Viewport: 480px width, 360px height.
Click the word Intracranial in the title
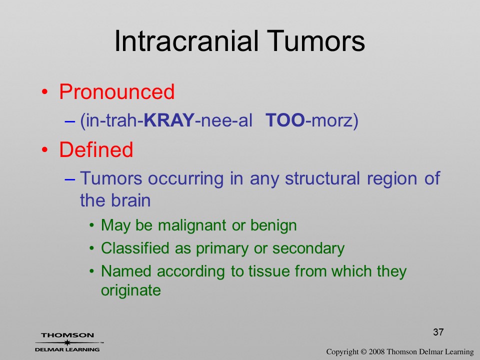point(186,41)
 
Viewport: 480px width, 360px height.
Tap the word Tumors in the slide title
point(316,41)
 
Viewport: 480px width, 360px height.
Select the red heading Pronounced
point(116,91)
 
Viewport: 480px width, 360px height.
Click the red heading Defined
point(96,149)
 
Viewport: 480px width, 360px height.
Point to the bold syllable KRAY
point(169,120)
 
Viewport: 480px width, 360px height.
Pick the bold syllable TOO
point(285,120)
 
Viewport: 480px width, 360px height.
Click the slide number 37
point(438,332)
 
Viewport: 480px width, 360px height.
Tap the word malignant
point(192,225)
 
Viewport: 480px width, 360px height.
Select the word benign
point(273,225)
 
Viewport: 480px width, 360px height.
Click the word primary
point(222,248)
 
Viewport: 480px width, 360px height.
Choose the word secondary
point(308,248)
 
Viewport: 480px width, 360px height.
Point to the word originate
point(130,290)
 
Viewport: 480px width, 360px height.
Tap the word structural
point(322,178)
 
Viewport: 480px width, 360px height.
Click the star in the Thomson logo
point(67,342)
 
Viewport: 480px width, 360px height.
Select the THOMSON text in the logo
point(67,335)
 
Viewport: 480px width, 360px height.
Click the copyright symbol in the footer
point(363,352)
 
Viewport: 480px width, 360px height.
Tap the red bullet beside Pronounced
point(45,92)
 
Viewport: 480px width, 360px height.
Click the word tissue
point(269,271)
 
